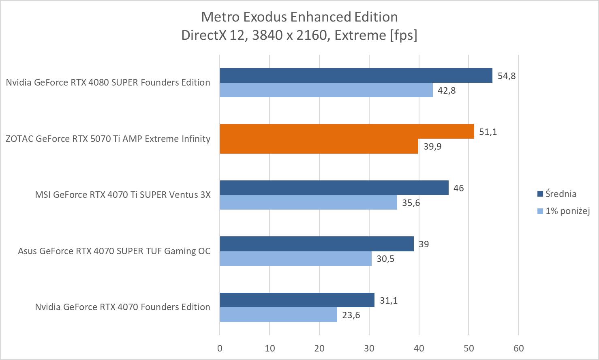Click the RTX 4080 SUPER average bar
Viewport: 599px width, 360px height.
click(x=356, y=75)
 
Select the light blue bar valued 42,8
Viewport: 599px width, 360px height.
click(x=326, y=90)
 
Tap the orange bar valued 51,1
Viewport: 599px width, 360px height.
click(x=347, y=131)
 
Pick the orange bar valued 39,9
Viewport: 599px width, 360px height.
click(x=319, y=146)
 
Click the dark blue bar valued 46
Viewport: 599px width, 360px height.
click(x=334, y=188)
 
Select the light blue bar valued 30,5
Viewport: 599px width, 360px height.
click(x=295, y=259)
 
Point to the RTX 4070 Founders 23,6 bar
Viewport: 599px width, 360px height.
click(x=278, y=315)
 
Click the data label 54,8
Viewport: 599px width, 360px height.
click(x=507, y=76)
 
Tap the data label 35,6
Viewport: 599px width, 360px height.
click(x=411, y=203)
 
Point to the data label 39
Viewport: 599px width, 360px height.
click(x=424, y=244)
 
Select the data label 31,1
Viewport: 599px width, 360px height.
click(x=388, y=300)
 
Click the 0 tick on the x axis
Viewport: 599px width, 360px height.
click(x=220, y=348)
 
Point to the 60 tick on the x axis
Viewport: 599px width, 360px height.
click(x=518, y=348)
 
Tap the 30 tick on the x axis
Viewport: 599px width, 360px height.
click(x=369, y=348)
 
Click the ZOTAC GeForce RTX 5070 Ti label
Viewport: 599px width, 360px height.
click(x=108, y=139)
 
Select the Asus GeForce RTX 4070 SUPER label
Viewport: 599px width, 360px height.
click(x=114, y=251)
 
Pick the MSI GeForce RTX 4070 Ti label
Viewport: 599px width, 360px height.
click(x=123, y=195)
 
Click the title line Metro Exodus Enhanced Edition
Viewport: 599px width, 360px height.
click(x=299, y=17)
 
